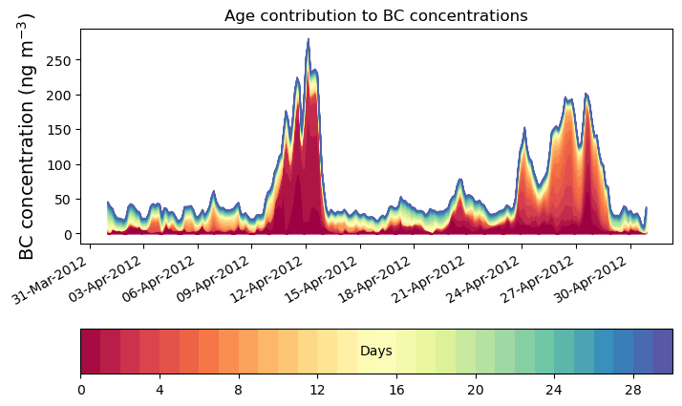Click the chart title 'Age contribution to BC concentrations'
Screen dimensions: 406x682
(x=375, y=15)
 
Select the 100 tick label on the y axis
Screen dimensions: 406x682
(x=58, y=164)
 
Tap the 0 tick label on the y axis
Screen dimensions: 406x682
(x=66, y=234)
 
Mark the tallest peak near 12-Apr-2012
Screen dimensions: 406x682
(x=308, y=40)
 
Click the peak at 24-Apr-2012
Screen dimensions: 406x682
(x=524, y=128)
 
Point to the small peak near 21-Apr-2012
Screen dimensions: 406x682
(x=460, y=180)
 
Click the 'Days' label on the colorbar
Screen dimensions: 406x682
(x=375, y=352)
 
